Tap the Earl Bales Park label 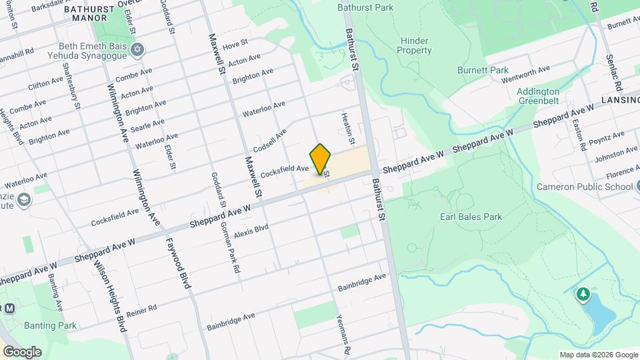pyautogui.click(x=471, y=216)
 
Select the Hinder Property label pyautogui.click(x=415, y=45)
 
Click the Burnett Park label pyautogui.click(x=483, y=70)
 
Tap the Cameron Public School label pyautogui.click(x=585, y=187)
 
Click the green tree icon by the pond pyautogui.click(x=583, y=293)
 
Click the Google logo pyautogui.click(x=22, y=351)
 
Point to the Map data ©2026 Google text pyautogui.click(x=598, y=355)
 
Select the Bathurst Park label pyautogui.click(x=365, y=7)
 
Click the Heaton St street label pyautogui.click(x=347, y=128)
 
